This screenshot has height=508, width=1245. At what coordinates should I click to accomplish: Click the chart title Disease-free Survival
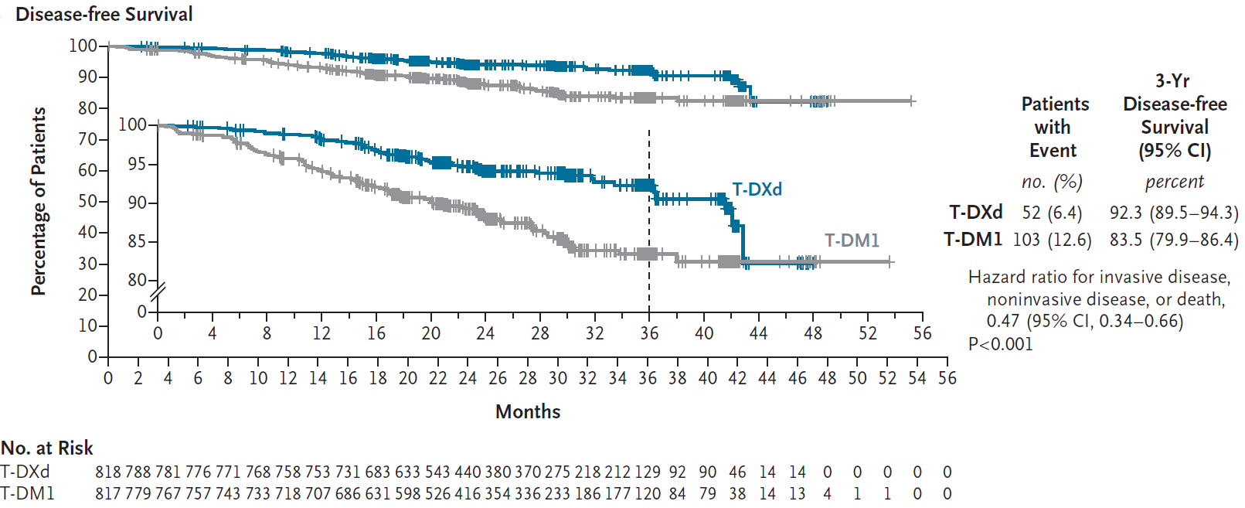click(104, 14)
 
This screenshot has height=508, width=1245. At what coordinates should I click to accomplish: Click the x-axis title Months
click(528, 411)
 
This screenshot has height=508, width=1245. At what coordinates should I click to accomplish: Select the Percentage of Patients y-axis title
click(39, 201)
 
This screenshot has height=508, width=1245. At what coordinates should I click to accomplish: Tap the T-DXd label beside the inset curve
click(757, 189)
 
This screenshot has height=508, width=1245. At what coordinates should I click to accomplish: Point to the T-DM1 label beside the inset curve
click(852, 240)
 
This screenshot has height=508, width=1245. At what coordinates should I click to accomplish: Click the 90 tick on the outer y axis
click(87, 77)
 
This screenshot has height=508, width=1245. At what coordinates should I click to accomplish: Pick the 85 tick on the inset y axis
click(138, 241)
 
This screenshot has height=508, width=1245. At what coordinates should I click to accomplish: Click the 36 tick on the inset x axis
click(649, 333)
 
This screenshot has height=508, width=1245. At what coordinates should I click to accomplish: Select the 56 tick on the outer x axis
click(947, 378)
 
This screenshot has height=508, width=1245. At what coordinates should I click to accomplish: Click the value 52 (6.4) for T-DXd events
click(1052, 213)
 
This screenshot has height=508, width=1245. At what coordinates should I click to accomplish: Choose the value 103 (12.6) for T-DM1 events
click(1052, 240)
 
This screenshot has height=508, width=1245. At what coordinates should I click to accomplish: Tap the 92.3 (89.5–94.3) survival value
click(1174, 213)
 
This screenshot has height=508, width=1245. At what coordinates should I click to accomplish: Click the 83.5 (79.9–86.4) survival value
click(1174, 240)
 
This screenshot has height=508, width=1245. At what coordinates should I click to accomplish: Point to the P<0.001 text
click(1001, 344)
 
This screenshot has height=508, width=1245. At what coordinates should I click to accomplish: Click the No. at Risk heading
click(47, 448)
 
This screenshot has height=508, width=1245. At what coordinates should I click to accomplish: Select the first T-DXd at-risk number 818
click(108, 472)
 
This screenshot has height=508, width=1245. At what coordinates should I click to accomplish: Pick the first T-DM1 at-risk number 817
click(108, 493)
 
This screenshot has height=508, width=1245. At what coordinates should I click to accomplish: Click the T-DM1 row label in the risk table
click(28, 493)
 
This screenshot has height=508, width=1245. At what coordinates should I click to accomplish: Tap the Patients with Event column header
click(1055, 127)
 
